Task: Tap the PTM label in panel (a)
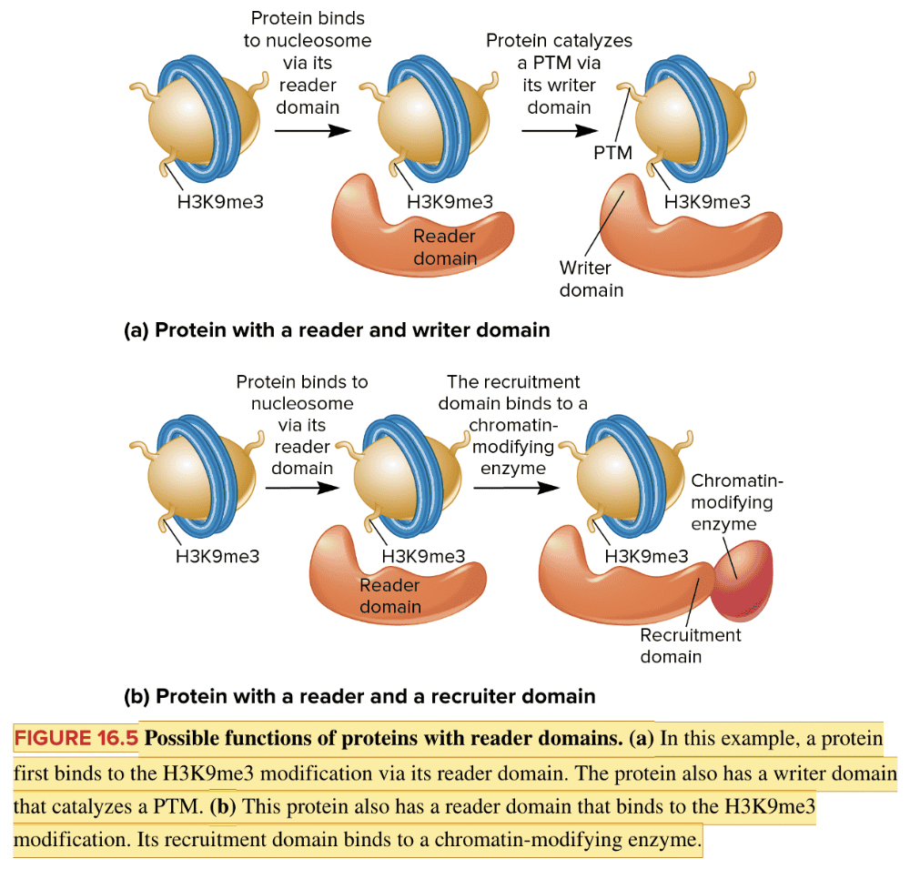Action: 612,153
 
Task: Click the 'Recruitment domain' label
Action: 690,645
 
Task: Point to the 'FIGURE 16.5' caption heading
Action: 76,738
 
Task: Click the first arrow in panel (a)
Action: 312,130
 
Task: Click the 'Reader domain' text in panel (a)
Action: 444,247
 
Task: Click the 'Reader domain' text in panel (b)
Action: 389,595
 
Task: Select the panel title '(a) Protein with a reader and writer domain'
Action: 337,330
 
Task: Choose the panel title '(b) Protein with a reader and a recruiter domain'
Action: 359,697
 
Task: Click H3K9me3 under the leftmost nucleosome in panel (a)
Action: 220,202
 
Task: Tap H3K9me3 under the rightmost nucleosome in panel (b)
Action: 646,556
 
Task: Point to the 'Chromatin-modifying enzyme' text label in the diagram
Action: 736,501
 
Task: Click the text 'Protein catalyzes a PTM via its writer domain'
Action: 559,74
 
